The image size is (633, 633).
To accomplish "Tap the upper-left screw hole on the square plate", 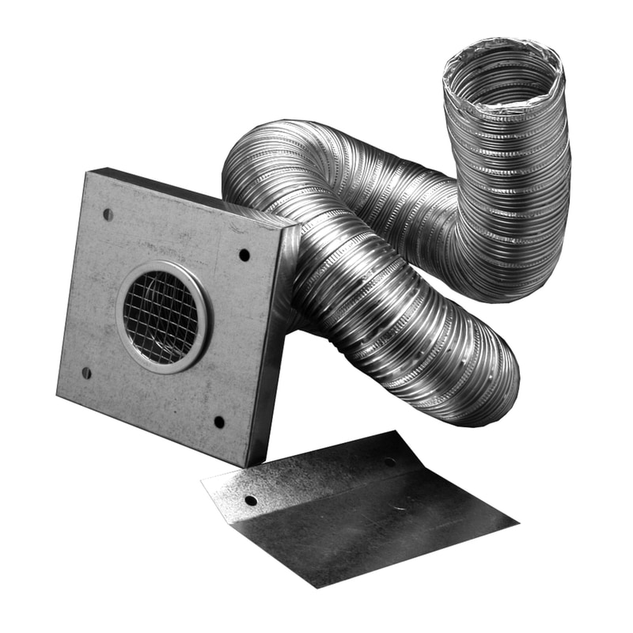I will pos(108,214).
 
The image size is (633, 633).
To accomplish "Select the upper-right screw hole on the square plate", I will pos(244,255).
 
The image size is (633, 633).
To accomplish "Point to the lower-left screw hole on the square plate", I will pos(86,372).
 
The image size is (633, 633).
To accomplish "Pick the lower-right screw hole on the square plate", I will pos(219,422).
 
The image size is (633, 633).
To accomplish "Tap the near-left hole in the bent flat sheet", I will pos(251,500).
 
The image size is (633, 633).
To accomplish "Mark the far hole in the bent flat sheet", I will pos(389,461).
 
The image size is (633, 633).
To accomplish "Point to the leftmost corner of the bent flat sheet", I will pos(203,479).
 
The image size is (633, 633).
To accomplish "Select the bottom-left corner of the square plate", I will pos(59,396).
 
